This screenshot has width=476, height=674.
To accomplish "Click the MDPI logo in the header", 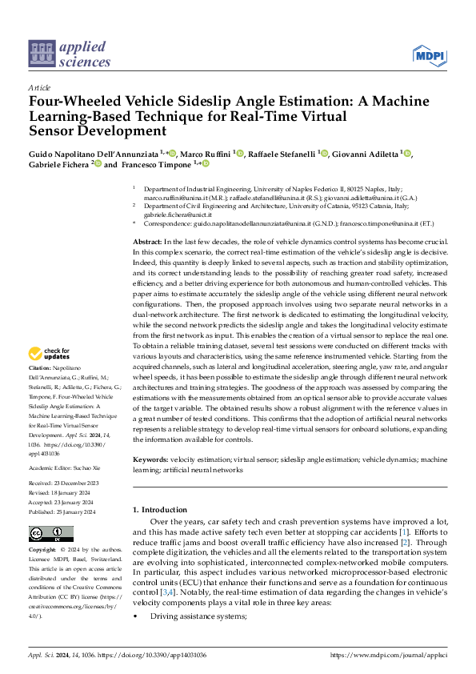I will (x=429, y=54).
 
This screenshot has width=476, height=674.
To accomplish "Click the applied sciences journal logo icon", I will (x=38, y=54).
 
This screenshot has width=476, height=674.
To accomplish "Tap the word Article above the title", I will (x=38, y=87).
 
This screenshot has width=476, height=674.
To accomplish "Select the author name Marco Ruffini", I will (x=206, y=153).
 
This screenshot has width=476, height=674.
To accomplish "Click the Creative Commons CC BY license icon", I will (x=50, y=534).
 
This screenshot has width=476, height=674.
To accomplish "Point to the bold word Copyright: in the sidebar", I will (x=43, y=551).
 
